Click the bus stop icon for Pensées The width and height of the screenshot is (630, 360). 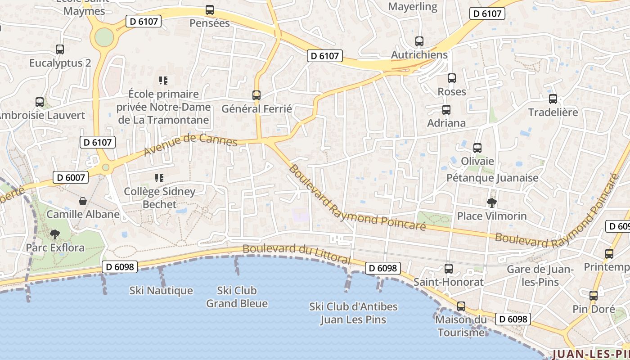(x=210, y=9)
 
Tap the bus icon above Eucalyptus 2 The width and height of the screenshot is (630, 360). (x=60, y=49)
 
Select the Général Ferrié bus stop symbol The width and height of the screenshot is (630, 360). (x=256, y=95)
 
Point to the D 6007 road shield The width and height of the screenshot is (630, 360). (x=71, y=177)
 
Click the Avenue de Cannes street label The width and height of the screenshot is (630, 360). (x=190, y=144)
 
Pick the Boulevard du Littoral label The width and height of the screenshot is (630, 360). (x=297, y=254)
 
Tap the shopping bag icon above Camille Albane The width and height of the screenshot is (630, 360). (x=83, y=201)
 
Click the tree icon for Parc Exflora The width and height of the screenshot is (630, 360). (x=55, y=234)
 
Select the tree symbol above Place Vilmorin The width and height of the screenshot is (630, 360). (x=492, y=202)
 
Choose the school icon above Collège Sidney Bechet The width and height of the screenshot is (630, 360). (x=159, y=178)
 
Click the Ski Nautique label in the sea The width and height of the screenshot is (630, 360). (x=161, y=291)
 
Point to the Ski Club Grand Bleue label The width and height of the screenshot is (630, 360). (x=237, y=297)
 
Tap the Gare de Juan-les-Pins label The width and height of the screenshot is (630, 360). (x=540, y=275)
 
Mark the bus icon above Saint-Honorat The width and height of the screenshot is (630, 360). (x=449, y=269)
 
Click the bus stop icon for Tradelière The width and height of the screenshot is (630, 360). (x=553, y=99)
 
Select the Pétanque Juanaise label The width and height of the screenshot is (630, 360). (x=492, y=178)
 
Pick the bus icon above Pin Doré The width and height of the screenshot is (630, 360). (x=594, y=296)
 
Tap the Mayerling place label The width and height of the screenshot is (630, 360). (x=413, y=7)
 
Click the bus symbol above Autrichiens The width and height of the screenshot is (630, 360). (x=419, y=41)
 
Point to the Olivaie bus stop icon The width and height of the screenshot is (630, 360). (x=477, y=148)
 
